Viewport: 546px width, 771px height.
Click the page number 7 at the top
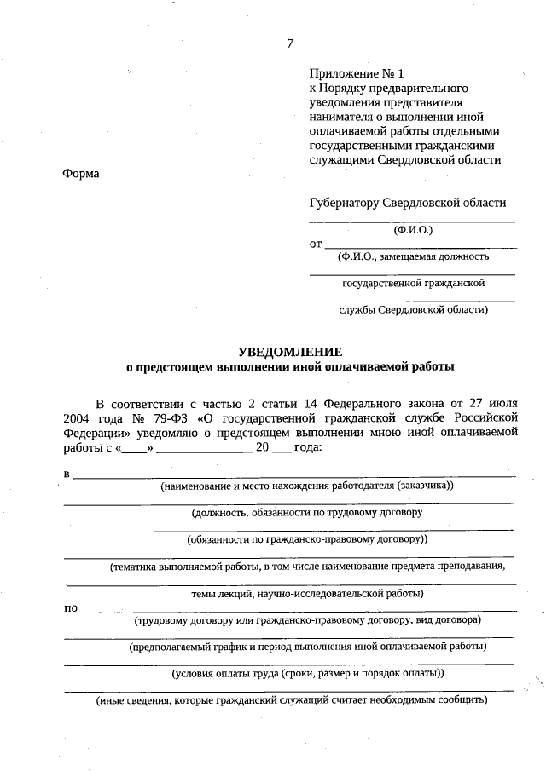(290, 44)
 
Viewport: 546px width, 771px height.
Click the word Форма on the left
(81, 174)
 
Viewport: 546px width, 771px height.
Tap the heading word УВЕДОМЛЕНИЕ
(290, 351)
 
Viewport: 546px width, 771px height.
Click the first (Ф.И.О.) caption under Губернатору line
(413, 230)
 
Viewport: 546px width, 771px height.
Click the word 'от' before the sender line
(315, 244)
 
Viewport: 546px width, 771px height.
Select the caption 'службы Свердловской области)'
(413, 310)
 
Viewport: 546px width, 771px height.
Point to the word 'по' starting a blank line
(70, 607)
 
